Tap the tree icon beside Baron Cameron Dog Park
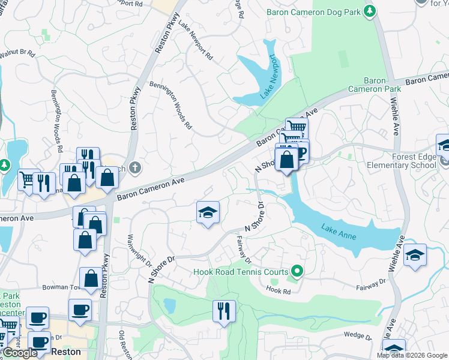(x=370, y=10)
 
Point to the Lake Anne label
(x=339, y=232)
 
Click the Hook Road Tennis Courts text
(x=240, y=271)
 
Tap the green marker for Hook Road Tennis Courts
(x=295, y=271)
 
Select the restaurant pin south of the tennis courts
(x=224, y=311)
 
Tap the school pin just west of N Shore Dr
(x=208, y=212)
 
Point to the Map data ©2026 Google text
(x=411, y=355)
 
